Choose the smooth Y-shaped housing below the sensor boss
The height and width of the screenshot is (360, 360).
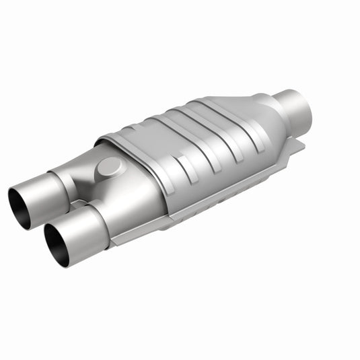click(128, 195)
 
